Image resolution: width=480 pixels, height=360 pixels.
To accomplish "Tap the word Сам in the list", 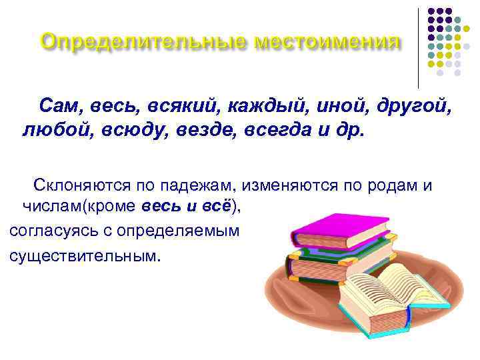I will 59,105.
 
